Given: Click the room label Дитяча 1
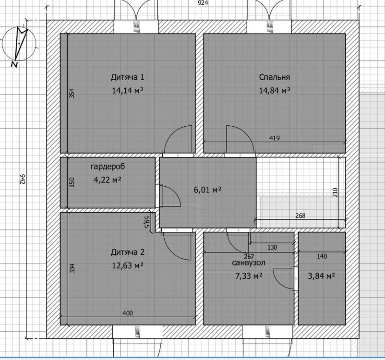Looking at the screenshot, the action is point(127,77).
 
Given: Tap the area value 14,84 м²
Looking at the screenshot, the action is point(275,91).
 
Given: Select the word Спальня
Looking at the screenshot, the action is point(275,77).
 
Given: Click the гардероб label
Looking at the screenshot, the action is point(108,167).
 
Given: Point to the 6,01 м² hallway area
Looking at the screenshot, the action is point(208,190).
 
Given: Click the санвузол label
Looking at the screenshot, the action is point(249,263).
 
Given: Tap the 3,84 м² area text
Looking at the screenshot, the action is point(322,276).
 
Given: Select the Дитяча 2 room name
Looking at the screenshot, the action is point(128,252).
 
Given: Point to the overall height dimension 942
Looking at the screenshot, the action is point(23,179).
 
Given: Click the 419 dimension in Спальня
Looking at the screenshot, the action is point(275,138).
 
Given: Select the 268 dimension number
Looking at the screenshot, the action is point(301,216).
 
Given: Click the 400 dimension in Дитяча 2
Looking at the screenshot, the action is point(128,313).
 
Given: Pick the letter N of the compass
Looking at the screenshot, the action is point(14,64).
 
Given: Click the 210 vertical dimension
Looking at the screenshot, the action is point(336,192).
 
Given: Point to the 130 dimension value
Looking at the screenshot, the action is point(272,247).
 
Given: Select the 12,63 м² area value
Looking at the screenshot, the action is point(128,266).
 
